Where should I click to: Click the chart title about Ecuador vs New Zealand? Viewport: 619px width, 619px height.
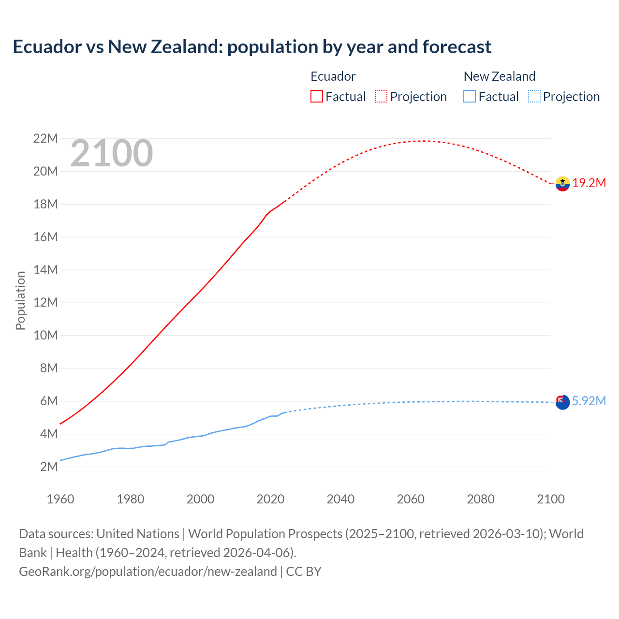click(x=252, y=47)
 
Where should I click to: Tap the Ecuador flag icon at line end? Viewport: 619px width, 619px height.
click(x=562, y=184)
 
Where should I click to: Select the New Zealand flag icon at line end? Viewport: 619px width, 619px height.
click(x=562, y=402)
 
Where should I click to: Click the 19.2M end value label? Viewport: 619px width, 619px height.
click(x=589, y=183)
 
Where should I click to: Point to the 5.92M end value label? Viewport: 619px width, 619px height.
click(x=589, y=401)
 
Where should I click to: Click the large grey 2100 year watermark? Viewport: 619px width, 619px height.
click(x=112, y=154)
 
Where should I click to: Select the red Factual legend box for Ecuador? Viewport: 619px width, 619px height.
click(x=316, y=97)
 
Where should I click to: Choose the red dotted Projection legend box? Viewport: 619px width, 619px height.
click(x=381, y=97)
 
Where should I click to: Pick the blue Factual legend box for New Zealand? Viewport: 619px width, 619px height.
click(x=469, y=97)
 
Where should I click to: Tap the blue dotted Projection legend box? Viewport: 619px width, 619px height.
click(x=534, y=97)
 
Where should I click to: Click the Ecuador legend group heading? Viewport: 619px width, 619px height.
click(x=333, y=76)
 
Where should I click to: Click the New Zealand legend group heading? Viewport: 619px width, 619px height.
click(x=499, y=76)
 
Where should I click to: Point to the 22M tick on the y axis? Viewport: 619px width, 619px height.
click(x=45, y=139)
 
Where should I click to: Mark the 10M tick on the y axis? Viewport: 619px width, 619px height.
click(x=45, y=336)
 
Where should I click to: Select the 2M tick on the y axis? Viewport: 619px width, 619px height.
click(x=49, y=467)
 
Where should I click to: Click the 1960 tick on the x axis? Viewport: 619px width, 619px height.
click(x=60, y=499)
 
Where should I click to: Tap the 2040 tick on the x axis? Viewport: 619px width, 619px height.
click(x=340, y=499)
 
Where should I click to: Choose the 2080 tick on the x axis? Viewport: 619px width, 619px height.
click(x=481, y=499)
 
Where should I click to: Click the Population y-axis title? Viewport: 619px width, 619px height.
click(x=20, y=300)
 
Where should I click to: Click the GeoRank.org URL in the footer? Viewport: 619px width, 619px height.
click(x=148, y=572)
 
